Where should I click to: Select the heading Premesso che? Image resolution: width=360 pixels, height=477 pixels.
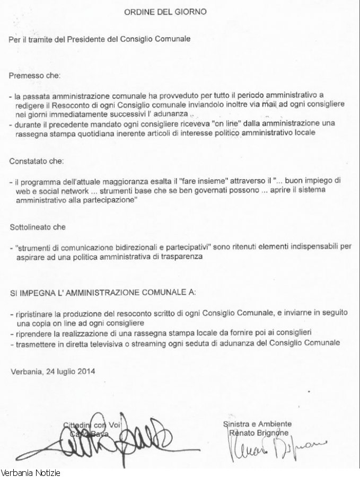point(36,76)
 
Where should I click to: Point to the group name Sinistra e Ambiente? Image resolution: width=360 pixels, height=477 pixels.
point(257,424)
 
